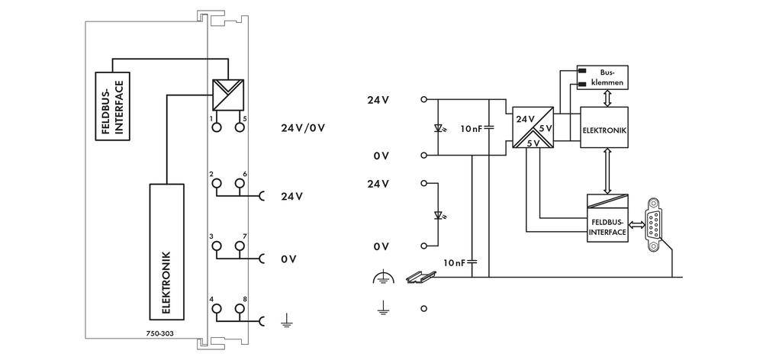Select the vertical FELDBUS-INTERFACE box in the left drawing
111,105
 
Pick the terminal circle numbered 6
240,184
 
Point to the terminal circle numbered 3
216,246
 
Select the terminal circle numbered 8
240,309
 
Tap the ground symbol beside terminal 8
287,321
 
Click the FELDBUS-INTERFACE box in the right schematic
607,218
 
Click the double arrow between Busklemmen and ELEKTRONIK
605,97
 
